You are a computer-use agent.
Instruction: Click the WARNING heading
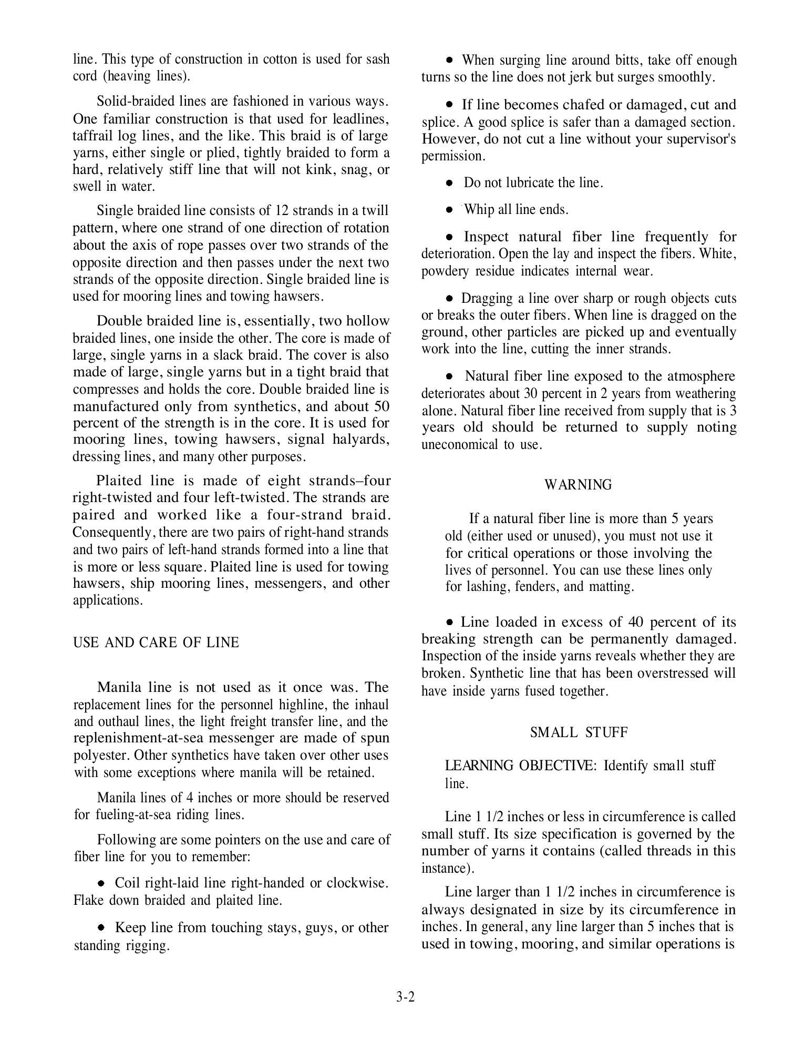coord(578,485)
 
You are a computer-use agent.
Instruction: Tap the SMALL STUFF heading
coord(579,732)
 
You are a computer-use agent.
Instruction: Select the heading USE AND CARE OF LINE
coord(156,642)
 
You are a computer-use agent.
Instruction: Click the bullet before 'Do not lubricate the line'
coord(449,183)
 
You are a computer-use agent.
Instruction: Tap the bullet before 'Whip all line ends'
coord(449,210)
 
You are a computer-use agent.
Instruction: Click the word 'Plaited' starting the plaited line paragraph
coord(119,481)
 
